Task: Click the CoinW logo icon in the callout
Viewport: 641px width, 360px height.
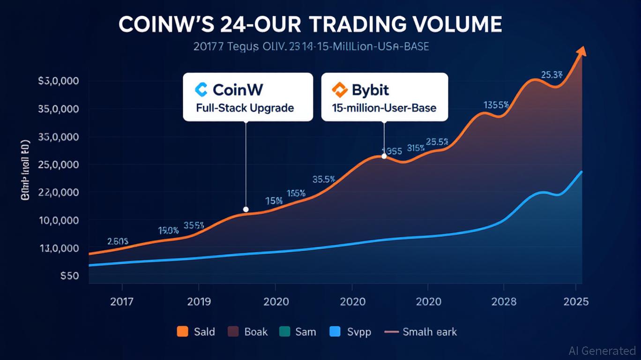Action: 201,89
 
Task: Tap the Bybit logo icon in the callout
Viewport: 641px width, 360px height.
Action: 338,89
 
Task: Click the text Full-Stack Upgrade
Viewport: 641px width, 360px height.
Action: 245,108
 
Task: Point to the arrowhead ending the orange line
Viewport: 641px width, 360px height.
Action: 582,51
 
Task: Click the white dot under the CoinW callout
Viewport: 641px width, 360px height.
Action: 246,210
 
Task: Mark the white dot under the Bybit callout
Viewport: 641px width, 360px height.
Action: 384,156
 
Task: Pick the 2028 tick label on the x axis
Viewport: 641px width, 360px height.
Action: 504,301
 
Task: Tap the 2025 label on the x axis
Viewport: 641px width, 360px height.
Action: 576,301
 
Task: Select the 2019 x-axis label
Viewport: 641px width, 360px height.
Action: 199,301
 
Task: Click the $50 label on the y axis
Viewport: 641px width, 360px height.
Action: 69,276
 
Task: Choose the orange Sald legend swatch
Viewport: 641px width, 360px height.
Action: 182,332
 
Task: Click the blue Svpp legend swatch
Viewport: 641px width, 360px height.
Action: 335,332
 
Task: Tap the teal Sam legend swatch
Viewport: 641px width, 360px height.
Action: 284,332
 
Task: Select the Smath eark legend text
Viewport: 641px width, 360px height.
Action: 429,332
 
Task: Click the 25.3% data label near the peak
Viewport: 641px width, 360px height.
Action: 552,75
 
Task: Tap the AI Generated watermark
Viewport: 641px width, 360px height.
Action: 602,350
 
